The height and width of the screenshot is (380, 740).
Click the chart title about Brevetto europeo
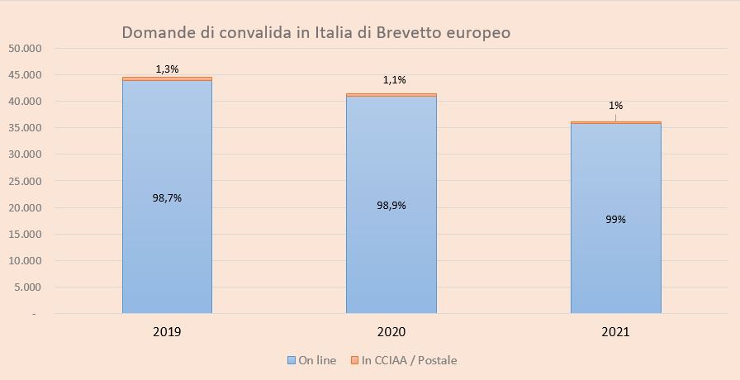(316, 33)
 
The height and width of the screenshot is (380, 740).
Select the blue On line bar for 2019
(167, 248)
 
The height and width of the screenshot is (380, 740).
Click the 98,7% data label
(167, 197)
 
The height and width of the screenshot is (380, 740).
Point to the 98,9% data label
(391, 205)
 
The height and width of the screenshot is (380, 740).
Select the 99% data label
(615, 220)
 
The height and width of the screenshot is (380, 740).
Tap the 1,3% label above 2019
(167, 69)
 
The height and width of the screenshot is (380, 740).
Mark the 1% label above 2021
(616, 106)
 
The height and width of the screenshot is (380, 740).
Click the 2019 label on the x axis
(167, 332)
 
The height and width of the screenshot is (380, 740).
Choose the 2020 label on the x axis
(391, 332)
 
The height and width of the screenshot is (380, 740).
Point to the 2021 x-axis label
(615, 332)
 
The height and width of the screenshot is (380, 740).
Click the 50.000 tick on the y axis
(24, 49)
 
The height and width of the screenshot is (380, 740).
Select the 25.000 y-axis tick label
(24, 182)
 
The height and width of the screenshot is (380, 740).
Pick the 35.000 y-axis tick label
(24, 128)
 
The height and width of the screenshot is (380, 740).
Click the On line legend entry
(311, 360)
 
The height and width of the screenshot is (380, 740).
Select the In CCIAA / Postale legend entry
(403, 360)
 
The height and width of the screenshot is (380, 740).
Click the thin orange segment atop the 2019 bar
(167, 78)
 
